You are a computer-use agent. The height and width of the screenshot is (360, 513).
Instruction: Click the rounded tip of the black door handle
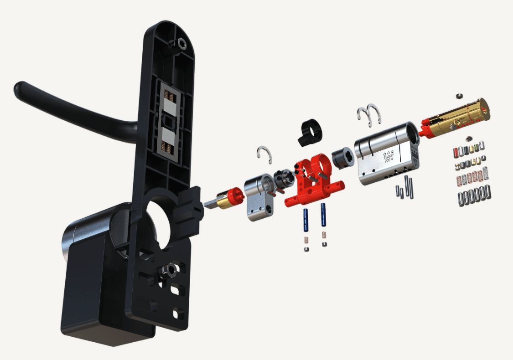click(19, 88)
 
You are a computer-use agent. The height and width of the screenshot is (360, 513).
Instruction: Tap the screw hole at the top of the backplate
click(181, 43)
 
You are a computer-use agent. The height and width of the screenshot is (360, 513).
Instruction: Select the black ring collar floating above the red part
click(310, 132)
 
